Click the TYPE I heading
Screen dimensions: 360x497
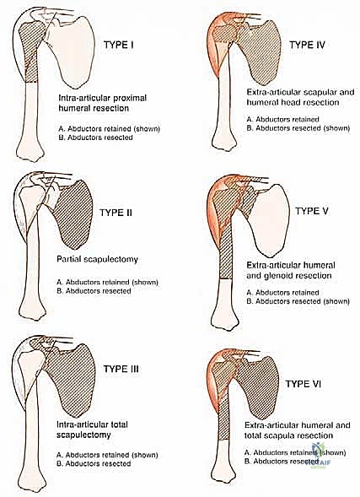[119, 45]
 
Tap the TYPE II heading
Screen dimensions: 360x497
[116, 213]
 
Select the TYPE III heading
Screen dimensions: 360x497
[121, 369]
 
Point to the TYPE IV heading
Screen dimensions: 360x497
[307, 45]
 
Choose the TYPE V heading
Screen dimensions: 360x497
[312, 211]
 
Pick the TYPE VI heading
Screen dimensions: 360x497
[304, 384]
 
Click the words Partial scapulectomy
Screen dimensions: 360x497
[98, 259]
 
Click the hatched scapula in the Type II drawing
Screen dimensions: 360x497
[75, 214]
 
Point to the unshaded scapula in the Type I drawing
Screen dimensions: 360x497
[73, 51]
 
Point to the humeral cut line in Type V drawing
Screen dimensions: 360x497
[226, 279]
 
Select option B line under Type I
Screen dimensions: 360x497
[95, 138]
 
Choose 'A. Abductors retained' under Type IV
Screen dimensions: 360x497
[282, 120]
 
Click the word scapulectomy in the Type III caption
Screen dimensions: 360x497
[83, 435]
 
